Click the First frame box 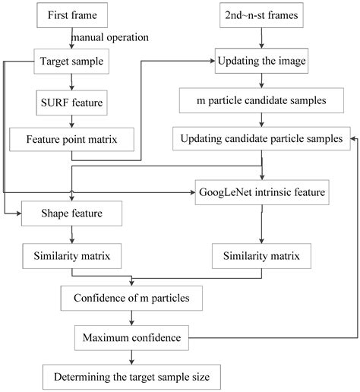click(71, 15)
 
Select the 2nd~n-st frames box click(262, 15)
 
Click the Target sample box click(71, 58)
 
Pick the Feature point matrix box click(71, 139)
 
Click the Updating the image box click(262, 58)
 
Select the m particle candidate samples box click(262, 99)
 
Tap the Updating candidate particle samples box click(262, 139)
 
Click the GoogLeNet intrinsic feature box click(262, 194)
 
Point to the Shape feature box click(71, 213)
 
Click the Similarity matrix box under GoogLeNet click(262, 254)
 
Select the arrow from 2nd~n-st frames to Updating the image click(262, 36)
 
